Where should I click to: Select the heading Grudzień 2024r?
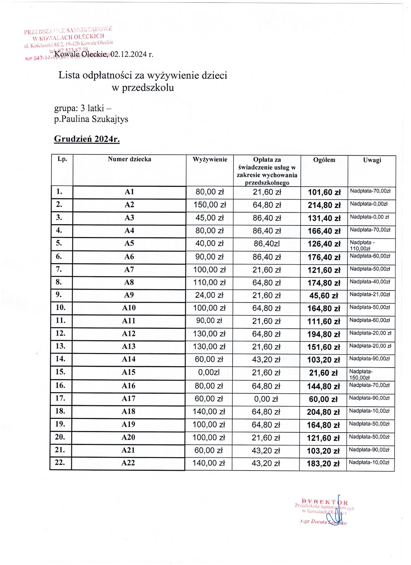[x=87, y=139]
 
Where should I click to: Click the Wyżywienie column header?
[x=210, y=159]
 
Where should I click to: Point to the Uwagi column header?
[x=372, y=160]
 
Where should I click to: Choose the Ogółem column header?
[x=324, y=160]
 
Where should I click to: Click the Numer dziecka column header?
[x=130, y=159]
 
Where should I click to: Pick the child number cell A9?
[x=129, y=295]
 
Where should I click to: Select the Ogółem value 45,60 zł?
[x=324, y=296]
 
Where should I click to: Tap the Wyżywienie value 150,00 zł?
[x=210, y=205]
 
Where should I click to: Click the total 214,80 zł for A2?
[x=324, y=205]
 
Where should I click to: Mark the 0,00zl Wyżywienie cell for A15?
[x=209, y=373]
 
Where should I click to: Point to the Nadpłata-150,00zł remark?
[x=361, y=375]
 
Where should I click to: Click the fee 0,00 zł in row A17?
[x=266, y=399]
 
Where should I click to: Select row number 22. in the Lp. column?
[x=60, y=463]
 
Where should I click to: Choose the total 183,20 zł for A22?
[x=323, y=464]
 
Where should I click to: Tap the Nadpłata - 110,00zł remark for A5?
[x=362, y=245]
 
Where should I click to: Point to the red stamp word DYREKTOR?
[x=324, y=501]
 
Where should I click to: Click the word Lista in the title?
[x=69, y=75]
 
